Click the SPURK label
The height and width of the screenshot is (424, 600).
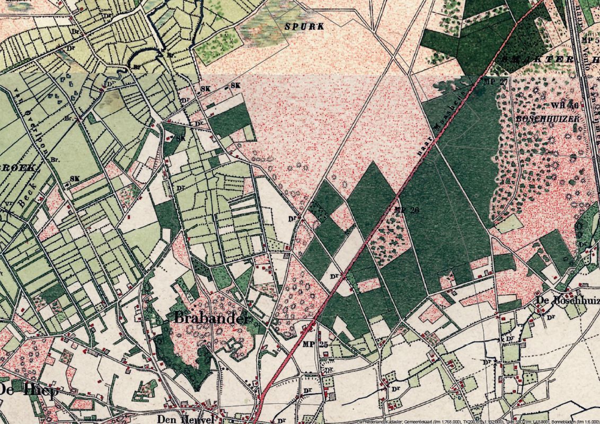tap(304, 26)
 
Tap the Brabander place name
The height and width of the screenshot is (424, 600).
tap(210, 319)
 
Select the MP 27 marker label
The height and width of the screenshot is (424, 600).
tap(496, 82)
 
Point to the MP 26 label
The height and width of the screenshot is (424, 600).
tap(407, 210)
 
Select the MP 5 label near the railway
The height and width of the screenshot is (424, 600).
tap(589, 40)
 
